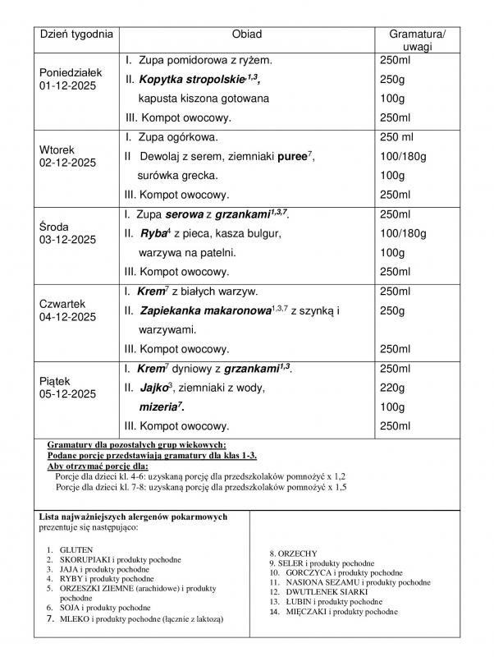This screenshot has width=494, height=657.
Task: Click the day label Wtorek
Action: click(57, 149)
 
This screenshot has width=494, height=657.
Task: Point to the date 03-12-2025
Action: click(68, 239)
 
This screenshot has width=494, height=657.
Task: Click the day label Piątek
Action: click(57, 380)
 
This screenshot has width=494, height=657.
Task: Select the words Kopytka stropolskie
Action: click(190, 80)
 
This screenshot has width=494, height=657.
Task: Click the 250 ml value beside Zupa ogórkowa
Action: click(400, 136)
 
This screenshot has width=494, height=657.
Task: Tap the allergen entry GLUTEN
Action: click(78, 549)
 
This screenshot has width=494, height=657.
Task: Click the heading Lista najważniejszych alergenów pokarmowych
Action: click(133, 517)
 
